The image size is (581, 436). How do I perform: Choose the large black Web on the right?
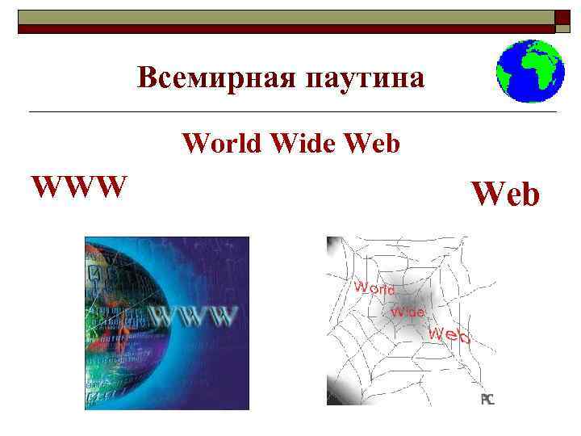(x=505, y=193)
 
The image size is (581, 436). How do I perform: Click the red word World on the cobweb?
(x=374, y=287)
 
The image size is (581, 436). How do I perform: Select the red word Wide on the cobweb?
(x=408, y=309)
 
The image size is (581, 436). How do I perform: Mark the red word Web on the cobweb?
(x=449, y=334)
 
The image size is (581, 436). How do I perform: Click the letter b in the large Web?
(x=529, y=195)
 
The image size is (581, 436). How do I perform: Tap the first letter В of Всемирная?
(x=146, y=78)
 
